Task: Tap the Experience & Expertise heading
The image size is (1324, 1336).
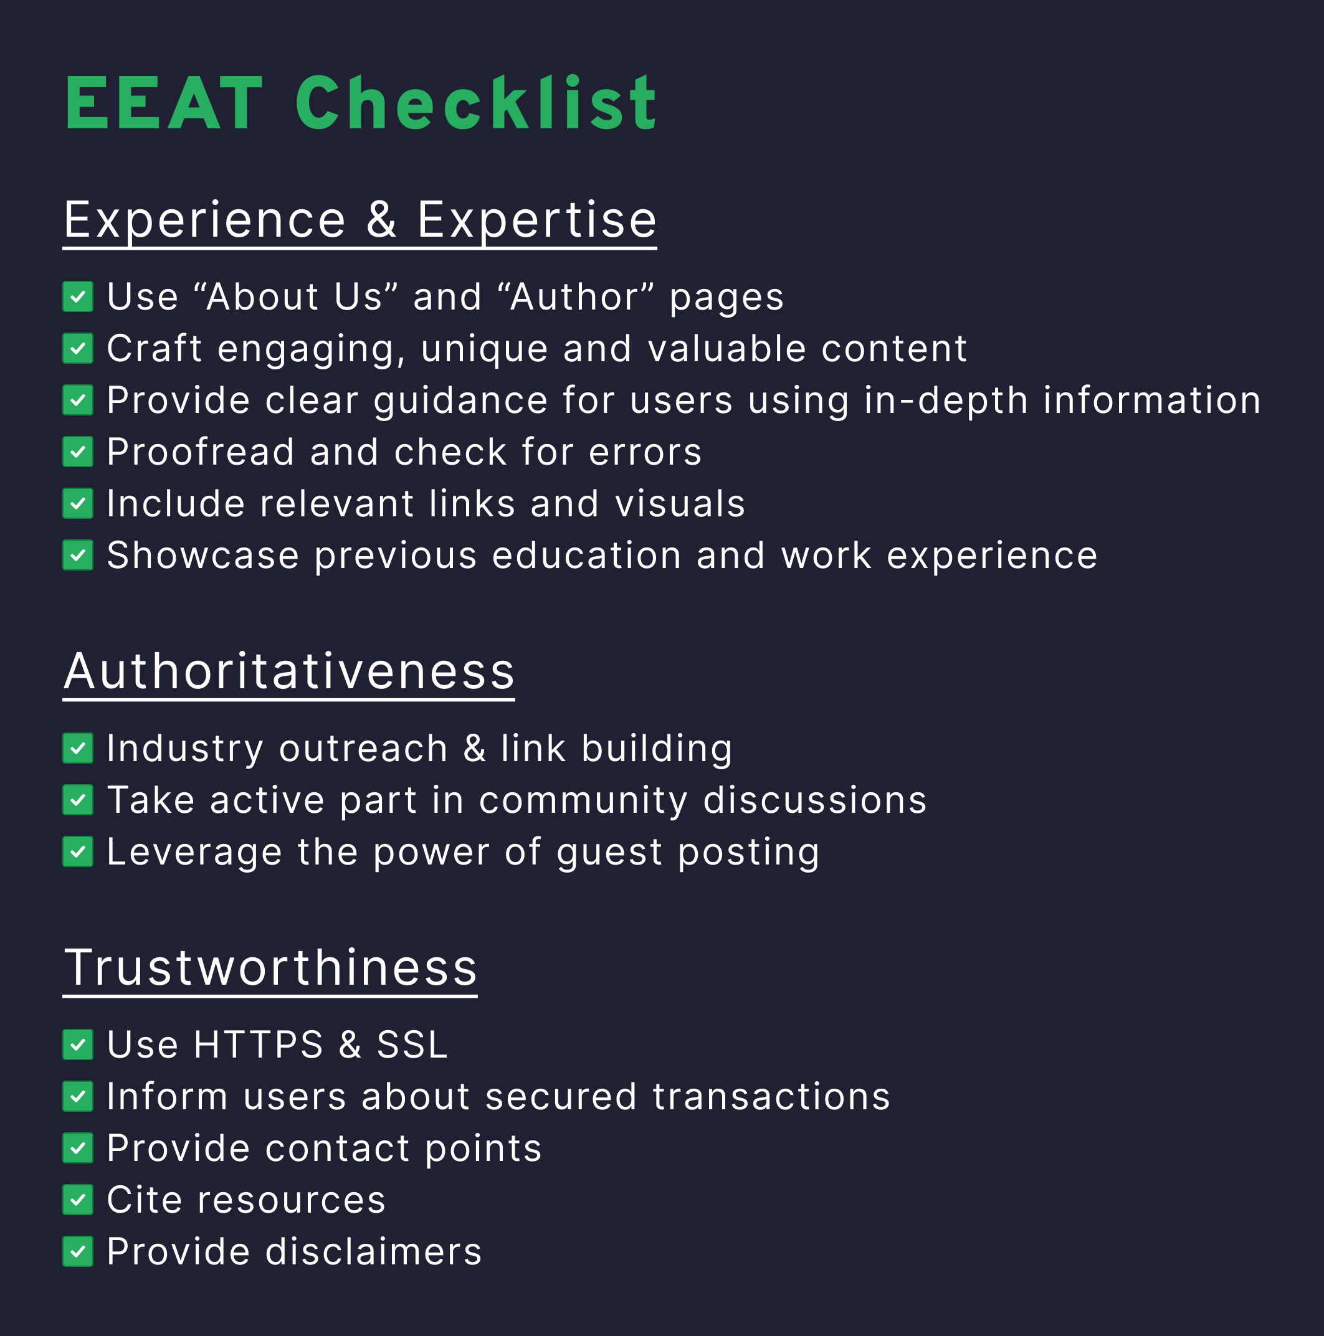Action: [x=360, y=220]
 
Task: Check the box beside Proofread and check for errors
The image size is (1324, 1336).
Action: [x=78, y=452]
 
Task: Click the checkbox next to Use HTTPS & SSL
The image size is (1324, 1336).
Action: [x=78, y=1044]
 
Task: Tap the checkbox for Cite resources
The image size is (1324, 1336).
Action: [x=78, y=1200]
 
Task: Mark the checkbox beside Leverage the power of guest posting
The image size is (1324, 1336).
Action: [x=78, y=851]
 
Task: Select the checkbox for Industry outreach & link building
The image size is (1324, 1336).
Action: [x=78, y=748]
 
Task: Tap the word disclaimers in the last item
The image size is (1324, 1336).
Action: [x=374, y=1252]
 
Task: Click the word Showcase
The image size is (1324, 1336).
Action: [x=203, y=556]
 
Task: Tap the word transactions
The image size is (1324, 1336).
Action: [x=771, y=1097]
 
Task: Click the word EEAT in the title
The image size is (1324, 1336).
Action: [x=164, y=104]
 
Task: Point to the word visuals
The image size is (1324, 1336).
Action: [x=680, y=503]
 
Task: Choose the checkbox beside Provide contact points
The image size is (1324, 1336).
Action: [x=78, y=1148]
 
